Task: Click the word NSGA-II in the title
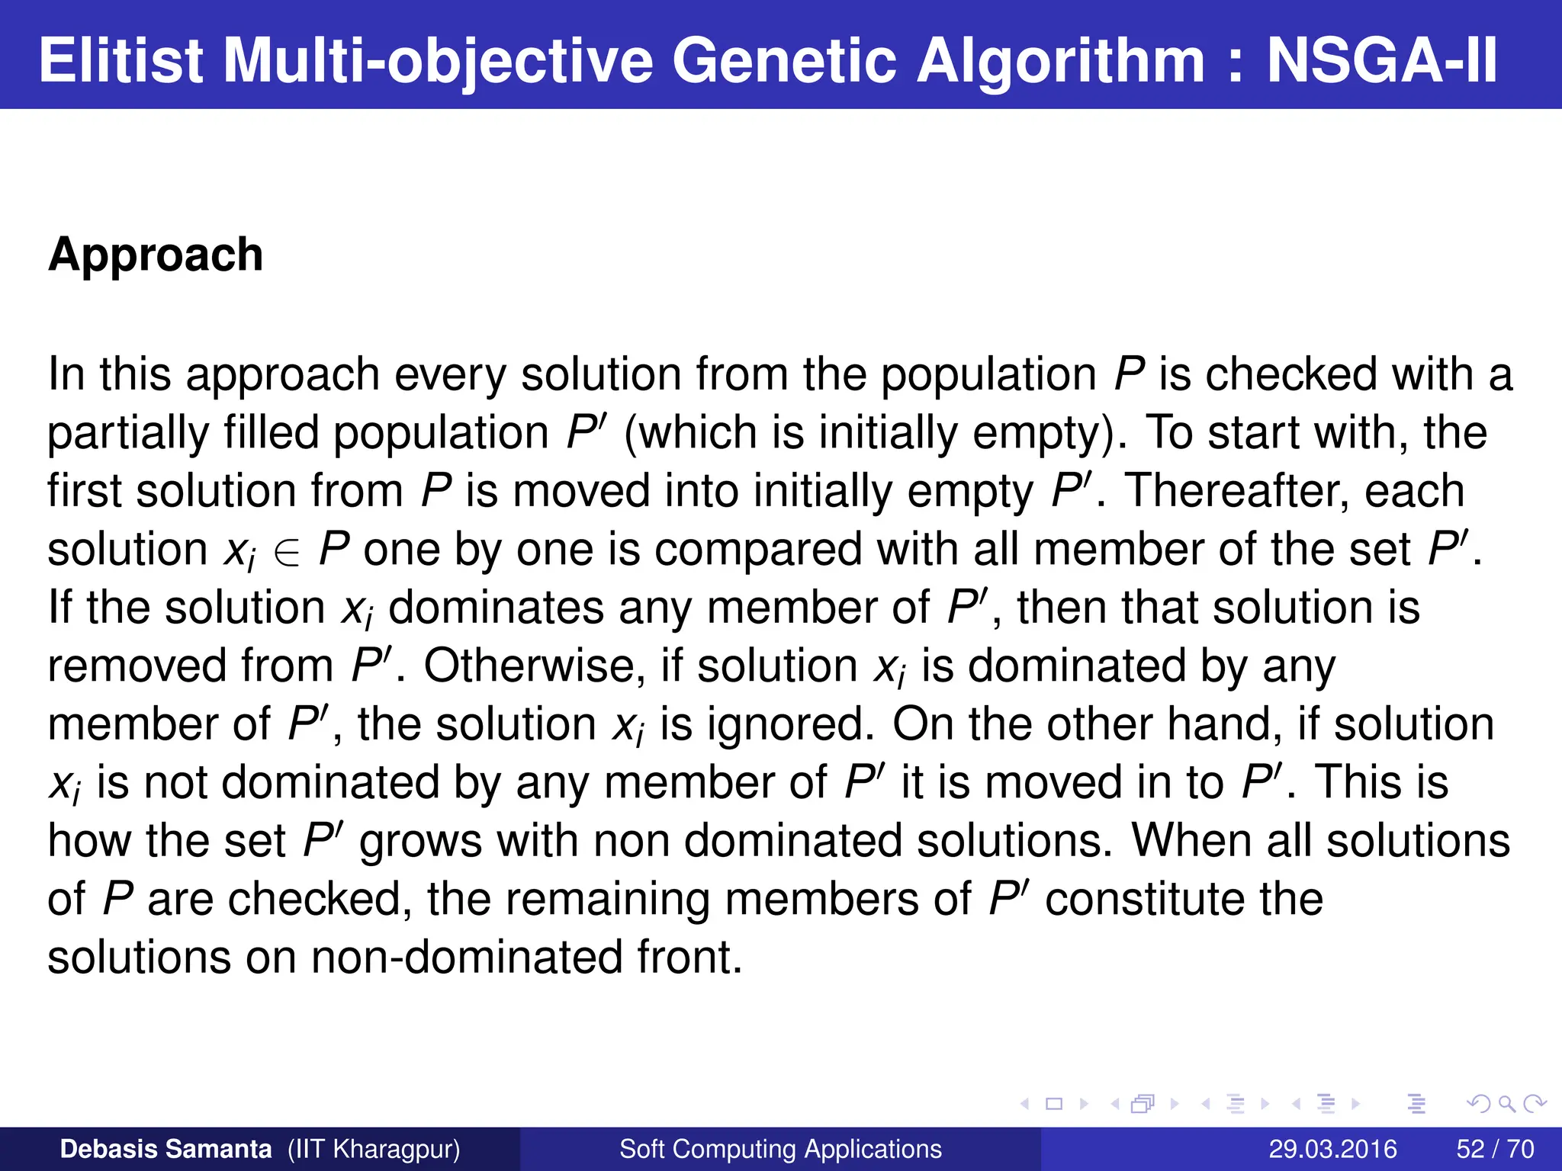click(1382, 61)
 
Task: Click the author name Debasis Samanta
click(166, 1149)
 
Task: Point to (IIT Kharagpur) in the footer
click(374, 1149)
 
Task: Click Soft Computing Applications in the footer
click(780, 1149)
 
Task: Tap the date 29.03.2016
click(1332, 1149)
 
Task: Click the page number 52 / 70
click(1495, 1149)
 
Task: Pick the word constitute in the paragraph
click(1145, 899)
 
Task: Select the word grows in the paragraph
click(420, 841)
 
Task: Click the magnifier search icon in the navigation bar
click(1506, 1103)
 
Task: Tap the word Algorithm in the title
click(1061, 61)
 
